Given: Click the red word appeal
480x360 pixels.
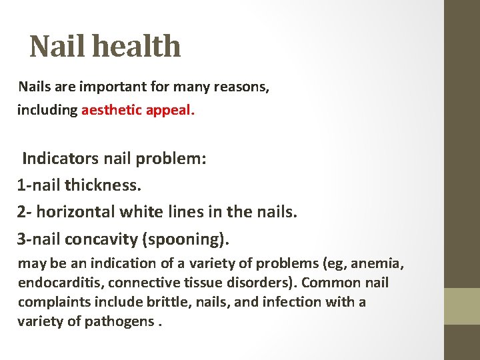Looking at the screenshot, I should [169, 110].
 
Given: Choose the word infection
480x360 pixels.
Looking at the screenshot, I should [291, 302].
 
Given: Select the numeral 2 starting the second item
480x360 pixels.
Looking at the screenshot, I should [22, 212].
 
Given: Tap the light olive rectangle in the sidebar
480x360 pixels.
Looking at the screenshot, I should [462, 306].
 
